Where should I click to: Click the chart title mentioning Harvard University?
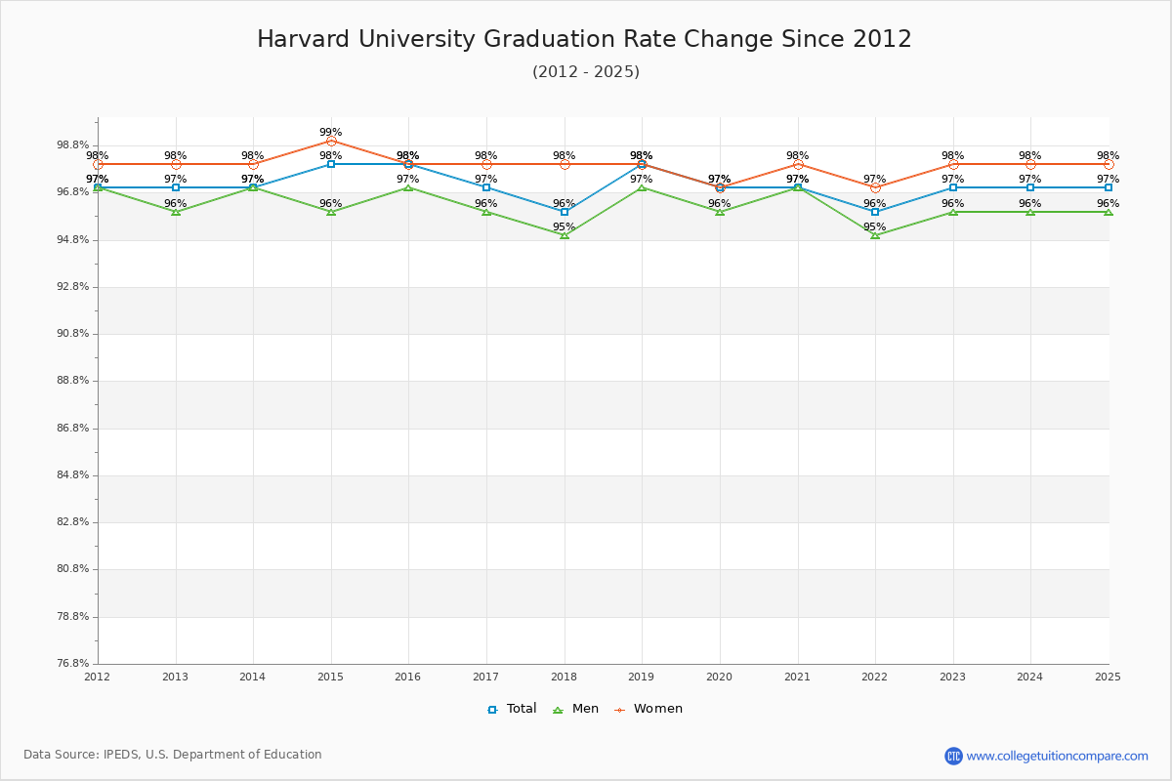coord(584,40)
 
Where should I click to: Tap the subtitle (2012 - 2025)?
coord(585,72)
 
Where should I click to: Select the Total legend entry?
coord(512,709)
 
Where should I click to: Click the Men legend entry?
coord(577,709)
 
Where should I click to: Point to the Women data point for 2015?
coord(331,142)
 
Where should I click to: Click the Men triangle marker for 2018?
coord(565,235)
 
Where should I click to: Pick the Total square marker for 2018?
coord(565,212)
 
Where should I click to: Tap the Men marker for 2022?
coord(875,235)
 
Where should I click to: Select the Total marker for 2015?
coord(331,164)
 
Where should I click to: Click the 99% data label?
coord(331,132)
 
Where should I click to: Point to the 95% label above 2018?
coord(564,226)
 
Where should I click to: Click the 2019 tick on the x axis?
coord(642,676)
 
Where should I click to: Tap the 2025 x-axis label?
coord(1108,676)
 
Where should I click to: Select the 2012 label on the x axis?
coord(98,676)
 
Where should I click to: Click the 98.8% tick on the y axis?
coord(73,145)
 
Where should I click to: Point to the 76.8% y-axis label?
coord(73,664)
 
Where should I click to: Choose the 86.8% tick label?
coord(73,428)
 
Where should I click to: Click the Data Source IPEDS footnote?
coord(173,755)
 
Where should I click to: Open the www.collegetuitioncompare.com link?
coord(1057,756)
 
